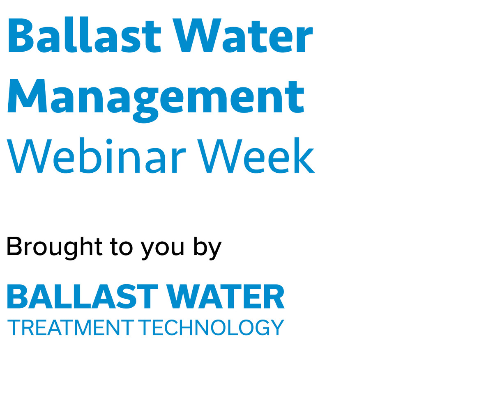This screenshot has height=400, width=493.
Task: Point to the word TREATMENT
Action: click(x=70, y=328)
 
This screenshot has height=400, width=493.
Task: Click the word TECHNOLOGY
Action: click(x=211, y=328)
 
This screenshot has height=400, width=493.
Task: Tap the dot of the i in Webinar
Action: click(x=109, y=141)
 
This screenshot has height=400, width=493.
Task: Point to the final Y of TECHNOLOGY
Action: click(x=278, y=328)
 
